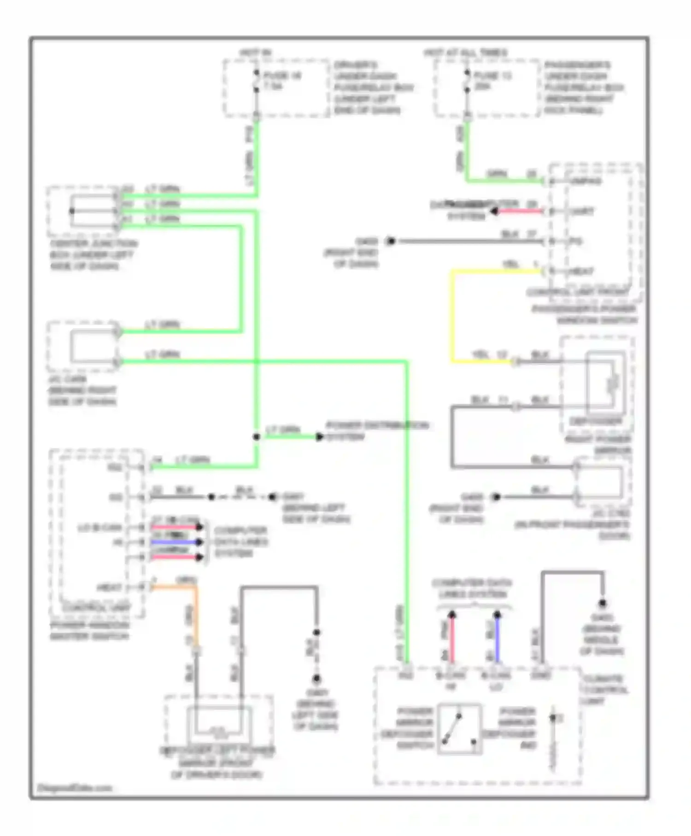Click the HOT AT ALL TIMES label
(465, 53)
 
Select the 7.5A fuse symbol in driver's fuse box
(257, 81)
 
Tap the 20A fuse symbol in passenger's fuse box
(467, 81)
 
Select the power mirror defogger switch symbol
(459, 729)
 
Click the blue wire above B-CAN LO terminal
(497, 638)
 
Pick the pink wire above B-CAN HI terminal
(452, 638)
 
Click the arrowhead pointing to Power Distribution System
(319, 436)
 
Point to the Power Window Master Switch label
(90, 630)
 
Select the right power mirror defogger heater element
(613, 382)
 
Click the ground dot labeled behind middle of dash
(602, 603)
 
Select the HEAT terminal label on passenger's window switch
(581, 271)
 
